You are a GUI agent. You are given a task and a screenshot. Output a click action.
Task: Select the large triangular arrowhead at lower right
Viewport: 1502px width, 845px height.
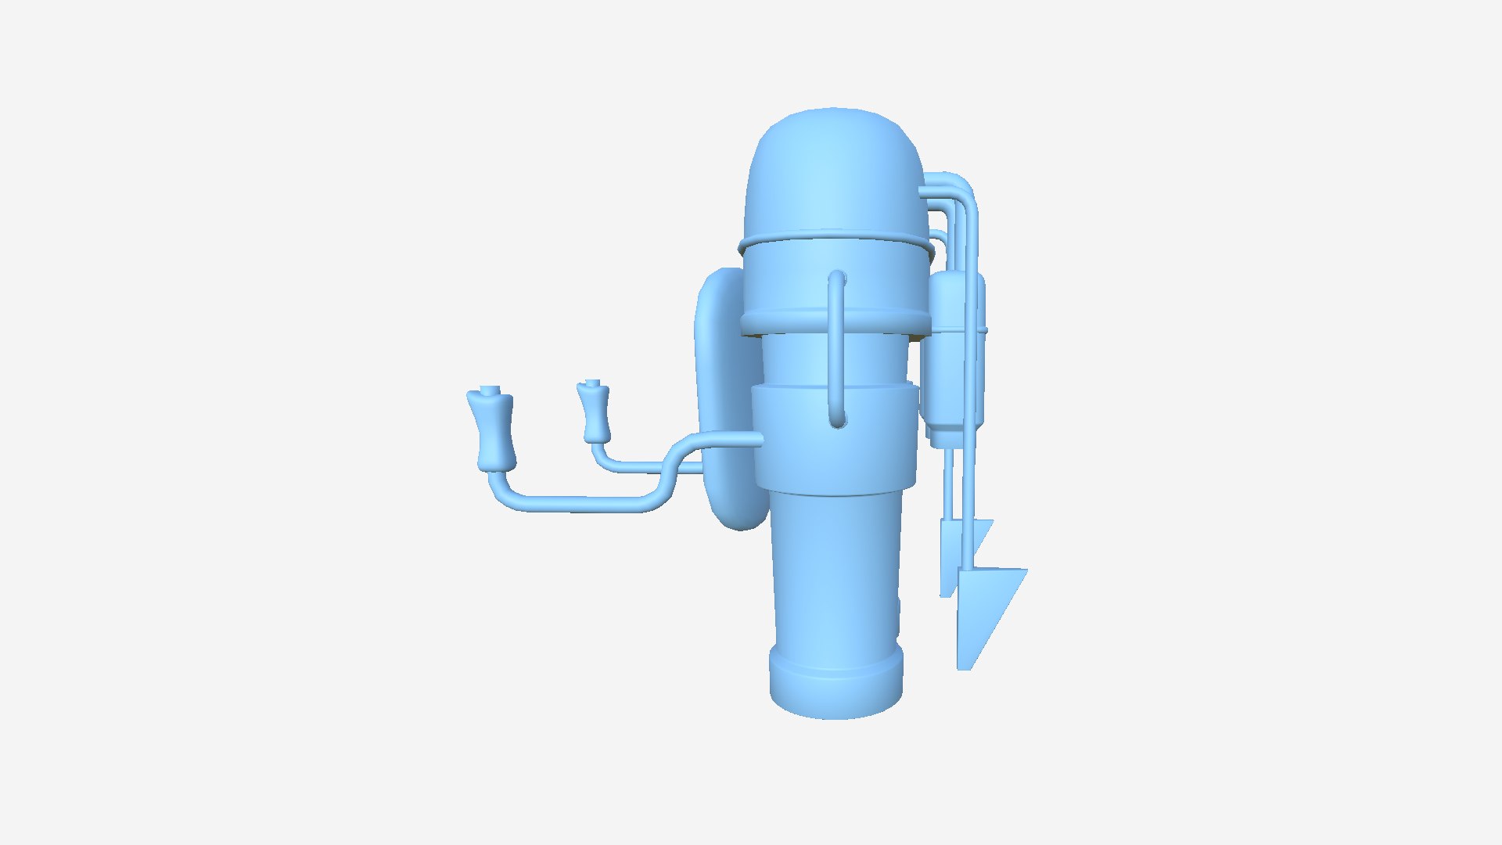click(x=986, y=610)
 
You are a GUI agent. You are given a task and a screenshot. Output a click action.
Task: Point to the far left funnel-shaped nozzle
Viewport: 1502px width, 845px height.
click(x=491, y=430)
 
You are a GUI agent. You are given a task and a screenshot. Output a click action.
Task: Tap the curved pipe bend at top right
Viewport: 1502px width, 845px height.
click(x=958, y=188)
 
